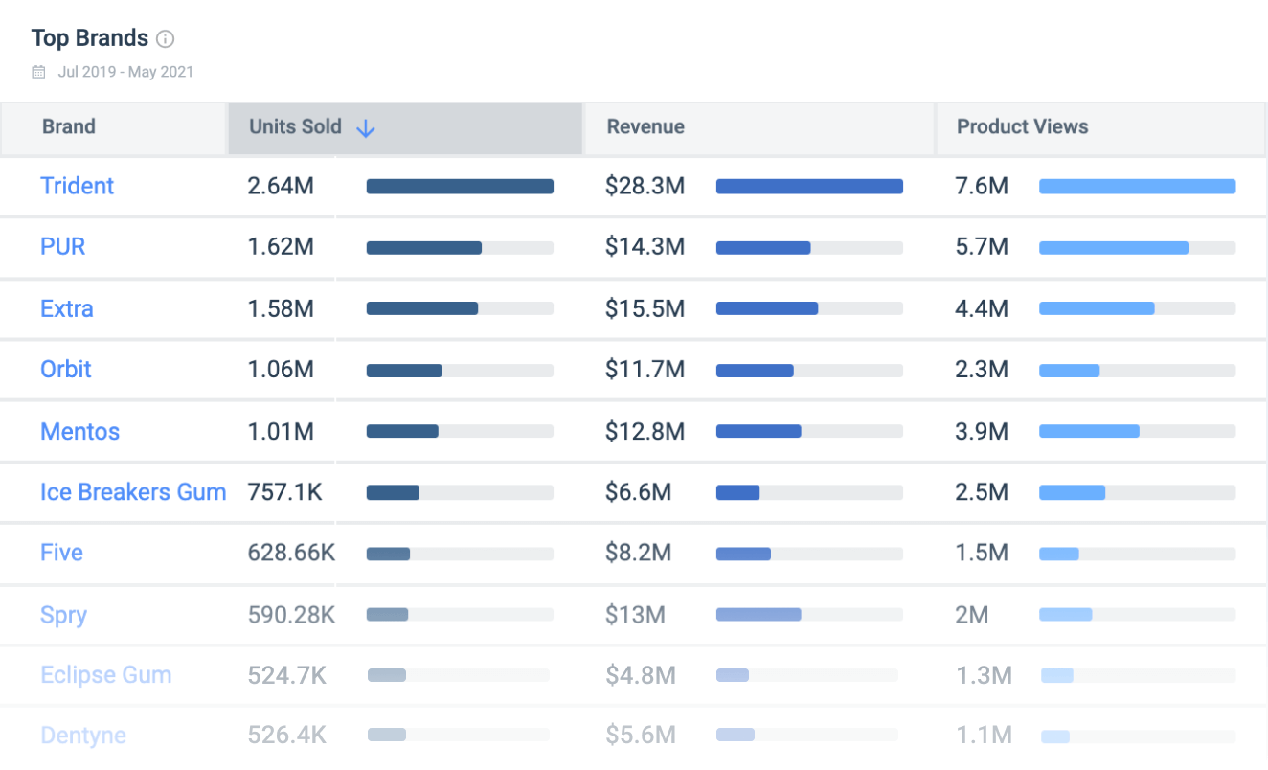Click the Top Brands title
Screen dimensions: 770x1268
click(x=89, y=38)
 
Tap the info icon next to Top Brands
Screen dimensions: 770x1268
click(x=166, y=39)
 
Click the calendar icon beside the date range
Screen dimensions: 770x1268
click(x=38, y=72)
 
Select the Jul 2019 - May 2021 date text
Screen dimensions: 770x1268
click(x=125, y=72)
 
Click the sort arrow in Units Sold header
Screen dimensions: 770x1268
click(x=365, y=128)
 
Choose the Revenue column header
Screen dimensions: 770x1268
click(x=645, y=127)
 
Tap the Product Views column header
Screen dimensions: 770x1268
click(x=1022, y=127)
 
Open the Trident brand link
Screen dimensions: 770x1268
click(x=77, y=186)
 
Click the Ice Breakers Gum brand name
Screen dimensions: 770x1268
click(x=133, y=492)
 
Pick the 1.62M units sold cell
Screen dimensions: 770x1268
click(x=281, y=247)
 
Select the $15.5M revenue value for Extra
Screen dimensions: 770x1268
click(x=645, y=308)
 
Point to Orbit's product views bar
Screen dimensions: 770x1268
click(x=1070, y=371)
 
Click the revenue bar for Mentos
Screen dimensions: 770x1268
click(x=759, y=432)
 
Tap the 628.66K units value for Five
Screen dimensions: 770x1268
click(x=291, y=554)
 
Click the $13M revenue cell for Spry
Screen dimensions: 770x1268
click(x=635, y=615)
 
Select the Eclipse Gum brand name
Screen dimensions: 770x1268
click(x=105, y=675)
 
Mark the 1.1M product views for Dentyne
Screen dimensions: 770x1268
click(x=984, y=736)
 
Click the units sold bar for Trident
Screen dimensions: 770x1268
click(x=460, y=187)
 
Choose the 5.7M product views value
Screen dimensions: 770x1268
click(x=982, y=247)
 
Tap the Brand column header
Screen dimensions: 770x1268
click(x=69, y=127)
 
